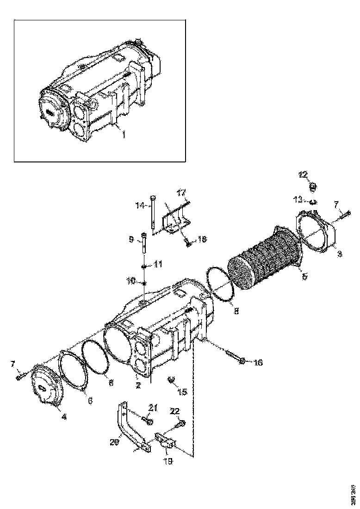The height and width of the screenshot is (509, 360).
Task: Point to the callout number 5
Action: coord(304,277)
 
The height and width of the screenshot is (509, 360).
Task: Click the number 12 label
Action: coord(303,174)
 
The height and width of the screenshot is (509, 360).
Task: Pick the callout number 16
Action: coord(258,362)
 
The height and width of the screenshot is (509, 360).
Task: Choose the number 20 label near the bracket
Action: coord(114,442)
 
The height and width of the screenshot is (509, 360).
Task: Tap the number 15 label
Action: coord(182,392)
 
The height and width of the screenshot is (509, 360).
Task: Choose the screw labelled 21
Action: coord(148,421)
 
